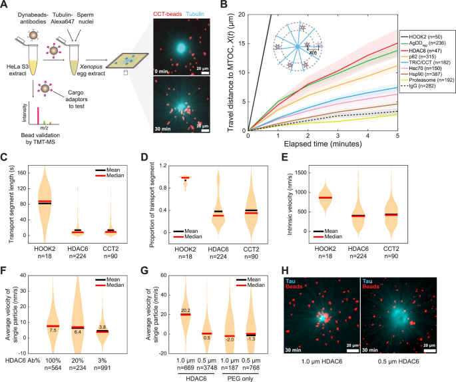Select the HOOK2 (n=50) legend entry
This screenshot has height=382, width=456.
[424, 33]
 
